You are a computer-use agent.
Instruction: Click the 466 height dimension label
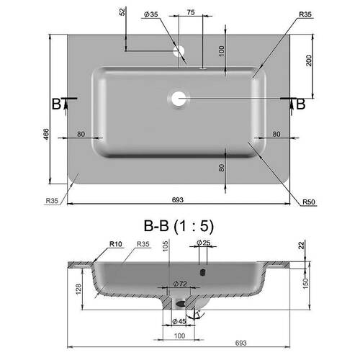(46, 134)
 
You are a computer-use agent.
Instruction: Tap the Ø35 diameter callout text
(151, 14)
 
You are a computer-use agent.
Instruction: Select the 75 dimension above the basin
(191, 12)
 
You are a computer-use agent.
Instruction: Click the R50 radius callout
(309, 202)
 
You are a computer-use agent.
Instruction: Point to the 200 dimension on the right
(309, 60)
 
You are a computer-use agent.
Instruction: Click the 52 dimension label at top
(122, 12)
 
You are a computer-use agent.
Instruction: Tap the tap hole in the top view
(179, 51)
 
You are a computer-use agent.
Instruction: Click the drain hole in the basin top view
(179, 99)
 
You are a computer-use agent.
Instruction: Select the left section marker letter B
(57, 104)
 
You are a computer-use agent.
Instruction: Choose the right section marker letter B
(301, 104)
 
